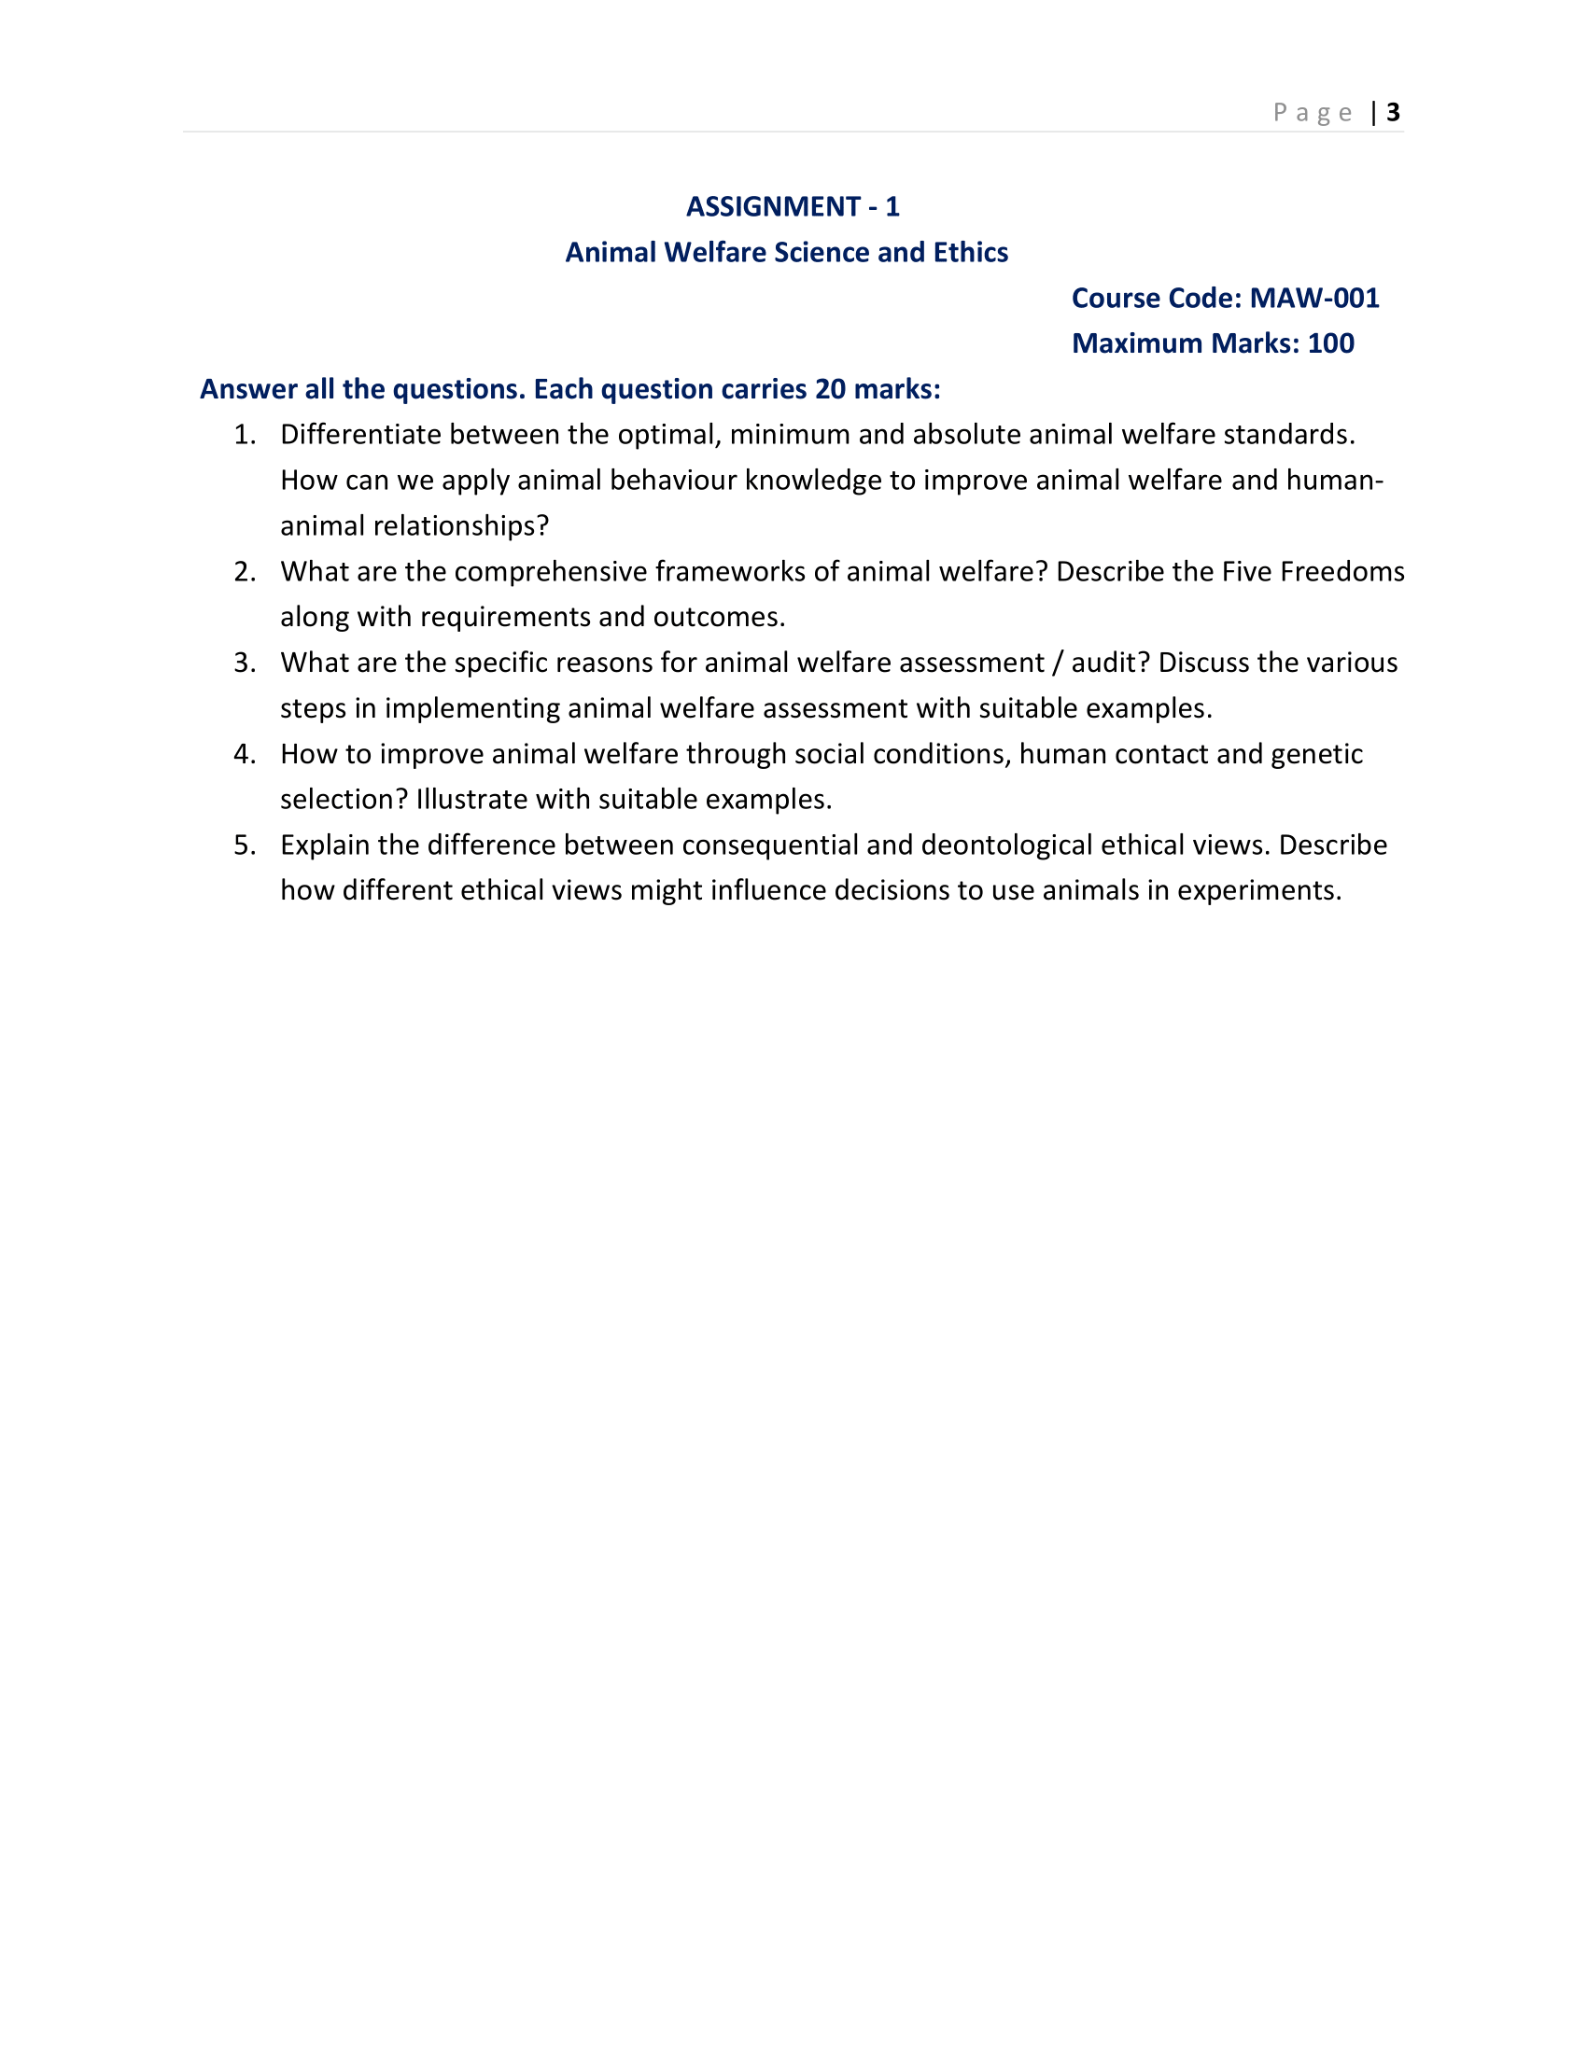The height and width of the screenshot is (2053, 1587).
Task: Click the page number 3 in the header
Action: [x=1393, y=113]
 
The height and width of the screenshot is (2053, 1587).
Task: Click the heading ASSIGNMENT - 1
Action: [x=793, y=207]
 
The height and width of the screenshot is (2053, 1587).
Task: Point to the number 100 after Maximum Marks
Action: [x=1330, y=343]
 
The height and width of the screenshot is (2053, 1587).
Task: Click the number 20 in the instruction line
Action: [x=830, y=389]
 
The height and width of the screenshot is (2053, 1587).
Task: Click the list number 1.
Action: [x=244, y=434]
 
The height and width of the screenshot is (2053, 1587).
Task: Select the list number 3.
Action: [x=244, y=663]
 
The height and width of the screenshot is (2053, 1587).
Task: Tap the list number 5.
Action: [x=244, y=845]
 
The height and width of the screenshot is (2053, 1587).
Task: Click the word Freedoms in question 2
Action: [x=1352, y=571]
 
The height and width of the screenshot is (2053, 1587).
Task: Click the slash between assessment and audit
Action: [x=1058, y=663]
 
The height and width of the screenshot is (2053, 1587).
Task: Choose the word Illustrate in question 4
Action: [x=461, y=799]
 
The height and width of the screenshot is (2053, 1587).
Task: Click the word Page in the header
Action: [x=1313, y=113]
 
